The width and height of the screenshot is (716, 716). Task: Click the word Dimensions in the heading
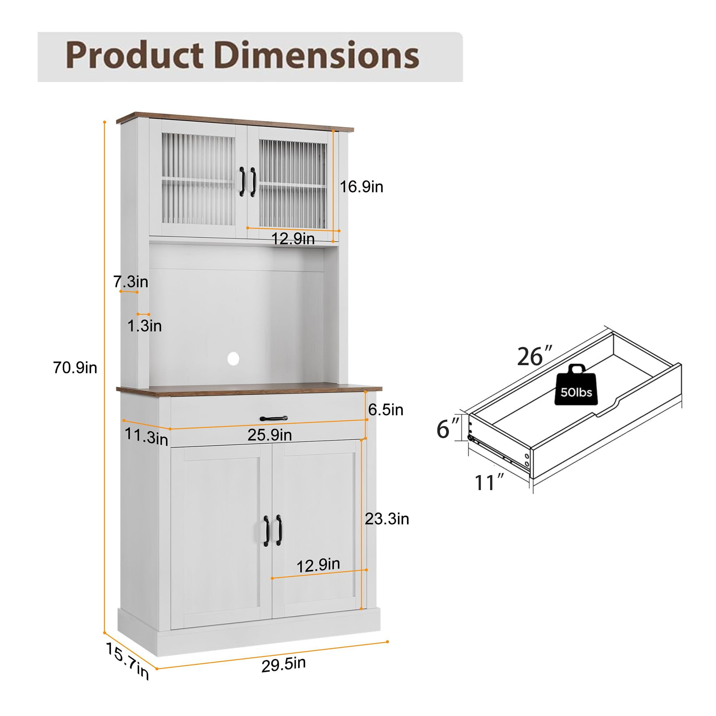point(317,55)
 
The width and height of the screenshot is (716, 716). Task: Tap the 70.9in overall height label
point(75,368)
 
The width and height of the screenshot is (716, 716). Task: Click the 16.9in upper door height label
point(361,187)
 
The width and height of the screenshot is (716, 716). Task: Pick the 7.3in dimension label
point(131,282)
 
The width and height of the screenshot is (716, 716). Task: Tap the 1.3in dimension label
point(145,326)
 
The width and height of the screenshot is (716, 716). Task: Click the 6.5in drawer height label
point(386,410)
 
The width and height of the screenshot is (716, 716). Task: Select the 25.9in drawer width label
point(270,435)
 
